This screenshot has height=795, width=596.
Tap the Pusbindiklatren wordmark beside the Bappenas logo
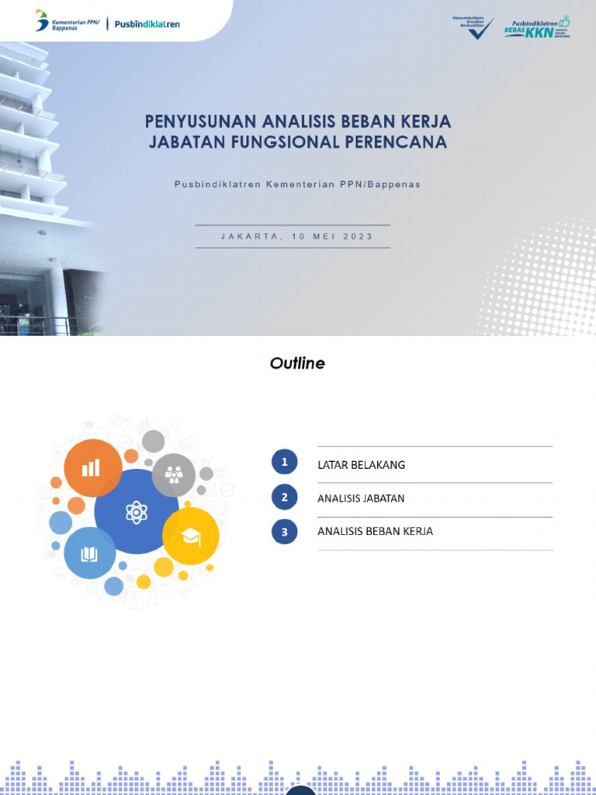pyautogui.click(x=147, y=24)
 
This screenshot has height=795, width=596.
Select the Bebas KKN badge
pyautogui.click(x=535, y=27)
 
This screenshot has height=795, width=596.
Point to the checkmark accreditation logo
pyautogui.click(x=473, y=27)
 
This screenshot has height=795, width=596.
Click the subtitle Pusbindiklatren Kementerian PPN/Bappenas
pyautogui.click(x=297, y=184)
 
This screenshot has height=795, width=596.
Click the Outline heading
pyautogui.click(x=297, y=363)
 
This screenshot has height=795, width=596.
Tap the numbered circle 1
pyautogui.click(x=285, y=463)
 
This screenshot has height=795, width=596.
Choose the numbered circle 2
pyautogui.click(x=285, y=497)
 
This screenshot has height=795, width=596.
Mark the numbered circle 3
pyautogui.click(x=285, y=531)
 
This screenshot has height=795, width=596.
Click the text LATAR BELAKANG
pyautogui.click(x=361, y=465)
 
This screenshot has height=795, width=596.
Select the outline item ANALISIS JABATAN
pyautogui.click(x=361, y=498)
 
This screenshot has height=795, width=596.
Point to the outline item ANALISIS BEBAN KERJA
pyautogui.click(x=375, y=532)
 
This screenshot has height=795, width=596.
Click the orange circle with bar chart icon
pyautogui.click(x=92, y=467)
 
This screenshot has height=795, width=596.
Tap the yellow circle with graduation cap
pyautogui.click(x=191, y=536)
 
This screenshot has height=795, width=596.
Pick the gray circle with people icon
pyautogui.click(x=174, y=474)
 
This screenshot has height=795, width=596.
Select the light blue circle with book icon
pyautogui.click(x=90, y=553)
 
